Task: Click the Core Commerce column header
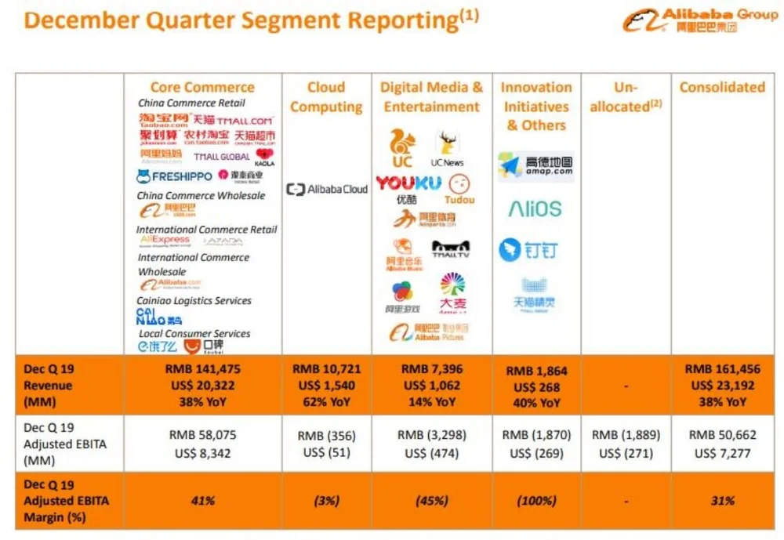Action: (x=202, y=87)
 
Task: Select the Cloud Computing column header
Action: (x=326, y=97)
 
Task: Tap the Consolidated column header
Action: (x=722, y=87)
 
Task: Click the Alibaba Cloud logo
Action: (x=327, y=189)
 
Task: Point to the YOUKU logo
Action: (x=408, y=183)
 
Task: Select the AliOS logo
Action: (x=535, y=208)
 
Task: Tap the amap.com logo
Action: (x=535, y=165)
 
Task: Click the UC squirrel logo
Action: (x=401, y=148)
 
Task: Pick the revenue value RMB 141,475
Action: (x=202, y=369)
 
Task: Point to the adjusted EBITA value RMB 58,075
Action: (x=202, y=434)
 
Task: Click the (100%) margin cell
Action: (x=535, y=501)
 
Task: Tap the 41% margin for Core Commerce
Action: (x=202, y=501)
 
